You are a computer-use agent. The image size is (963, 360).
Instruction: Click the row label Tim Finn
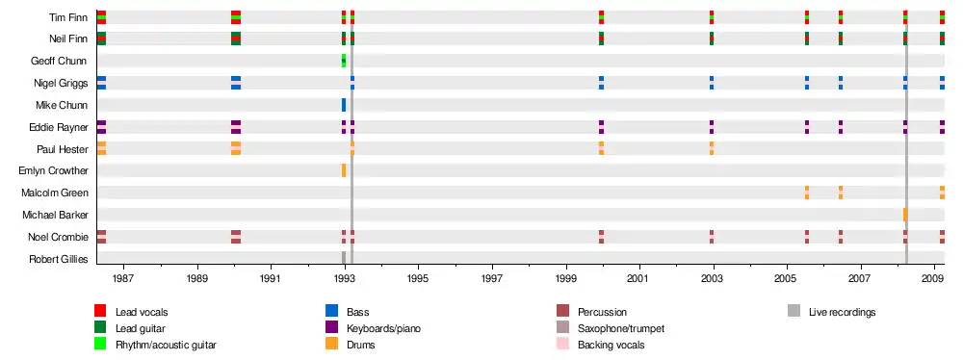[x=68, y=17]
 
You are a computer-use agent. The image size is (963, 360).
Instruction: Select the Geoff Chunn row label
[x=59, y=61]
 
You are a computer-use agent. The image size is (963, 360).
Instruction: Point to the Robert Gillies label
[x=59, y=259]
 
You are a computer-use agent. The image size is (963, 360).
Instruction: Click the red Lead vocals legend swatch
[x=100, y=311]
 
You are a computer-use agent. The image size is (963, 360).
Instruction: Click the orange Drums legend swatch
[x=331, y=344]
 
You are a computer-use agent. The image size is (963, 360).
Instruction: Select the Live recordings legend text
[x=842, y=312]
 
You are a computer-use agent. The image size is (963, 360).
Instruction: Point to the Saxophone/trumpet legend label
[x=621, y=328]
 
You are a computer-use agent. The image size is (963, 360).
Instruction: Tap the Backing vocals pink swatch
[x=562, y=344]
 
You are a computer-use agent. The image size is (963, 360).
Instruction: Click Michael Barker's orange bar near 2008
[x=905, y=215]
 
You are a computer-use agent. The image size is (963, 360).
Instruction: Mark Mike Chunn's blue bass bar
[x=344, y=105]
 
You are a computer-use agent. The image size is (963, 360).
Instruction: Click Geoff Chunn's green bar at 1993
[x=344, y=61]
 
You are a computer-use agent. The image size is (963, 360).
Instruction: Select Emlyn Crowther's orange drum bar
[x=344, y=170]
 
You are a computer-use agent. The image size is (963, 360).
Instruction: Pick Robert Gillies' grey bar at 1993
[x=344, y=258]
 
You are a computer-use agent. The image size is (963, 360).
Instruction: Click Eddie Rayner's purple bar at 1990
[x=236, y=126]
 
